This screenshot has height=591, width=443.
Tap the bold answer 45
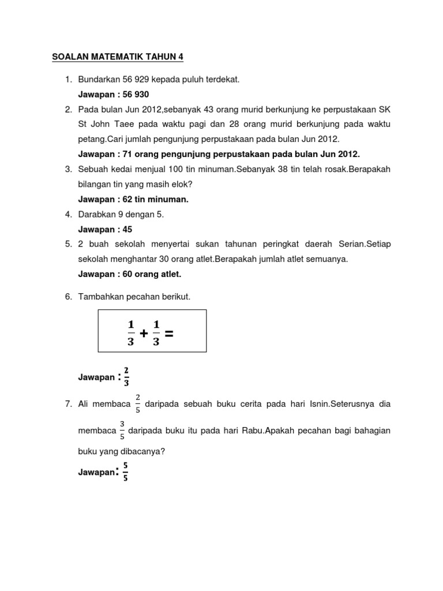(x=127, y=229)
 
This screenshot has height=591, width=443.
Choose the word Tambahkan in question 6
(x=100, y=297)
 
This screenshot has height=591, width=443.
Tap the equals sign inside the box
(x=169, y=332)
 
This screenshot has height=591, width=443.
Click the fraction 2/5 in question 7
(x=138, y=404)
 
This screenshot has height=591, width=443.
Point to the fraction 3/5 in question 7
(x=122, y=431)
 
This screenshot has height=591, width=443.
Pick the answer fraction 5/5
(x=126, y=472)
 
